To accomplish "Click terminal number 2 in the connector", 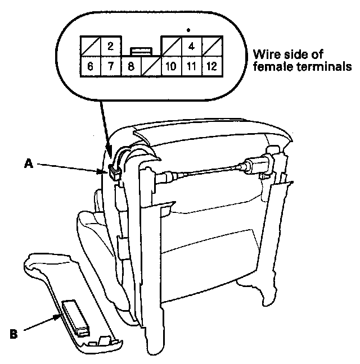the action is point(111,46).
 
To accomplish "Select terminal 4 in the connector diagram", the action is point(191,46).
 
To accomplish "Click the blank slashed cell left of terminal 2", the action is point(91,46).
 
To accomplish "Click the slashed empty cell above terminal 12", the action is point(211,46).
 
